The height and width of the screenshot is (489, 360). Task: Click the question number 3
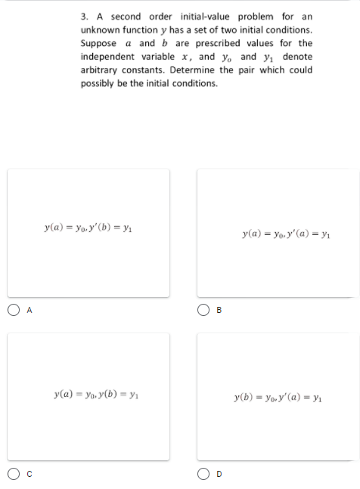(x=83, y=17)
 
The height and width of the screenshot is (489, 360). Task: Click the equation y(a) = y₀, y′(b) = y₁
(x=88, y=226)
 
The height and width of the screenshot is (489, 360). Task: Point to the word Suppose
(x=97, y=43)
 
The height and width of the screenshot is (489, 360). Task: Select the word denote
(x=297, y=57)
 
